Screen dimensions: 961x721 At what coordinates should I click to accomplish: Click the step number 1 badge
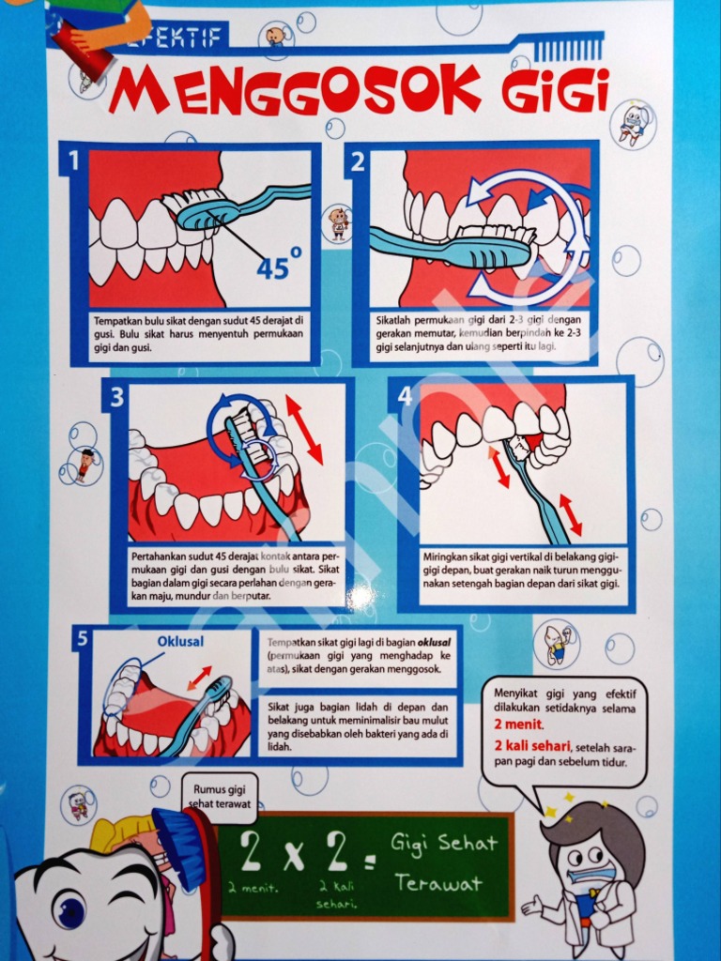73,160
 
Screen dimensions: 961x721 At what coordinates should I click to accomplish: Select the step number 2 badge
358,161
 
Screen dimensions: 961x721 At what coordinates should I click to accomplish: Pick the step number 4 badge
405,396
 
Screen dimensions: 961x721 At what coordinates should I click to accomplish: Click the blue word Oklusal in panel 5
179,642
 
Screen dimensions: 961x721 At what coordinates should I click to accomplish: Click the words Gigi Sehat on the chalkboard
443,843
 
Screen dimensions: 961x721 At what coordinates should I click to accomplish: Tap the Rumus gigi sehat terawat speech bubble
222,794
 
